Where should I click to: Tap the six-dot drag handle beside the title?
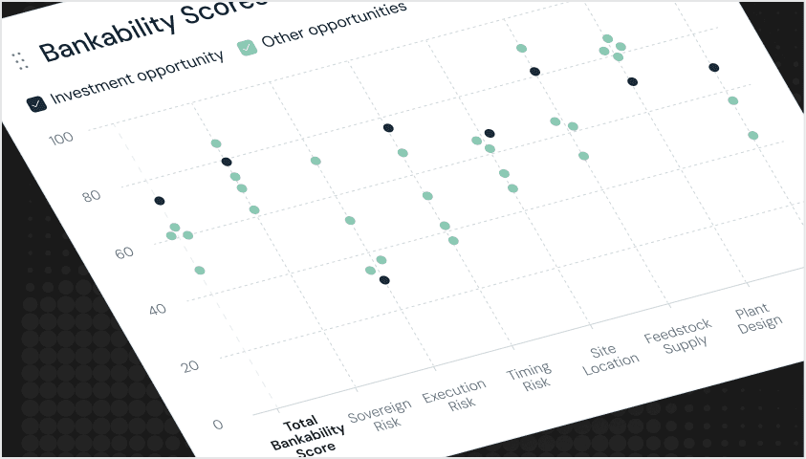(x=18, y=61)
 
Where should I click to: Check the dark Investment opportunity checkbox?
(x=36, y=103)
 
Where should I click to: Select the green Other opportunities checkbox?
(x=248, y=47)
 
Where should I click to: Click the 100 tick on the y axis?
(x=61, y=139)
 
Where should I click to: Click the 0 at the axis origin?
(x=218, y=425)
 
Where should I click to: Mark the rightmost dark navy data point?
(x=714, y=67)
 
